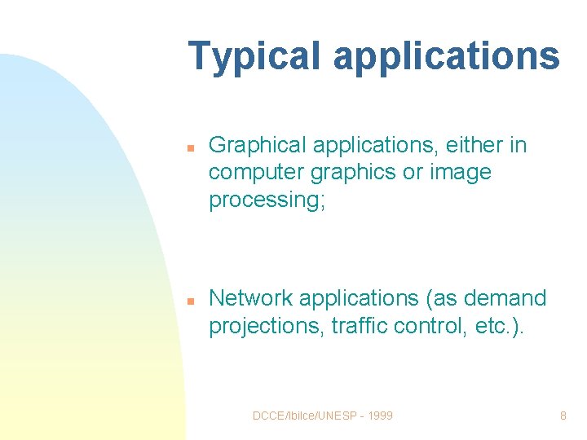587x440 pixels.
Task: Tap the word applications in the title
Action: [446, 57]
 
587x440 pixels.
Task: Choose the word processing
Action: [267, 200]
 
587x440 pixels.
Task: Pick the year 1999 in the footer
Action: [379, 416]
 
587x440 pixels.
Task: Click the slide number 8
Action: [563, 416]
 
